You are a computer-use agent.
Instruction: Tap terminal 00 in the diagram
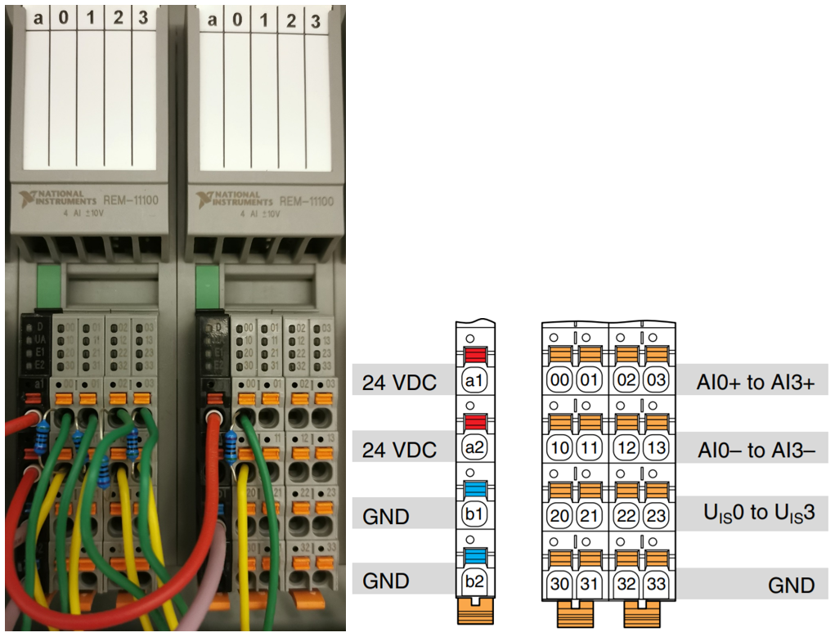pos(559,381)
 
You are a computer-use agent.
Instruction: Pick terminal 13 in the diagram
pos(655,449)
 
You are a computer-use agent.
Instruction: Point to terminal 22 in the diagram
pos(628,515)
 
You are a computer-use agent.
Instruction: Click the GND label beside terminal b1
pos(386,515)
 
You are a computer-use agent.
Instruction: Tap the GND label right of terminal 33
pos(791,585)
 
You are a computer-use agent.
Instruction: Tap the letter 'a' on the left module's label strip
pos(38,18)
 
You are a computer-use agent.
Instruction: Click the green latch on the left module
pos(49,285)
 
